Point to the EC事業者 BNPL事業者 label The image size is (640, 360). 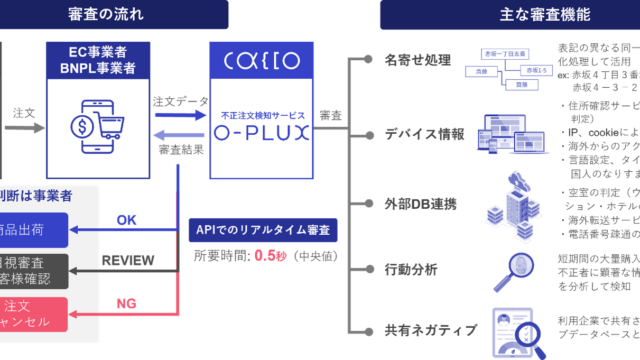pos(98,60)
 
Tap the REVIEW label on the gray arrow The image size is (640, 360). pos(127,260)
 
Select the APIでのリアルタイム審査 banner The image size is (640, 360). pos(263,230)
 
